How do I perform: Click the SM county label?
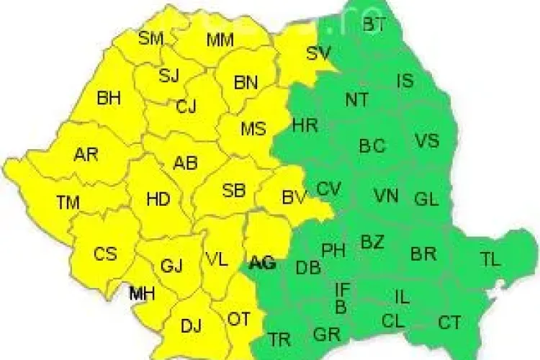[x=151, y=38]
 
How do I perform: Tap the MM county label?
[x=220, y=40]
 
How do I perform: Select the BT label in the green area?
[x=374, y=24]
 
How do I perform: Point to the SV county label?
[x=318, y=53]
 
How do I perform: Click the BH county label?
[x=109, y=98]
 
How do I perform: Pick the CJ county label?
[x=186, y=107]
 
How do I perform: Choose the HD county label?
[x=158, y=199]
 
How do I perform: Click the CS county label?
[x=105, y=254]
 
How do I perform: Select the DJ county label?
[x=191, y=326]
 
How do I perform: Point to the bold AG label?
[x=261, y=264]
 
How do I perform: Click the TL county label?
[x=490, y=260]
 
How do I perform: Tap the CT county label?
[x=449, y=322]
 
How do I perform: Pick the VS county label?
[x=426, y=140]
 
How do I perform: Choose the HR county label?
[x=305, y=125]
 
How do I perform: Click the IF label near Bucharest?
[x=343, y=289]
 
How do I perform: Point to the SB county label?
[x=233, y=191]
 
